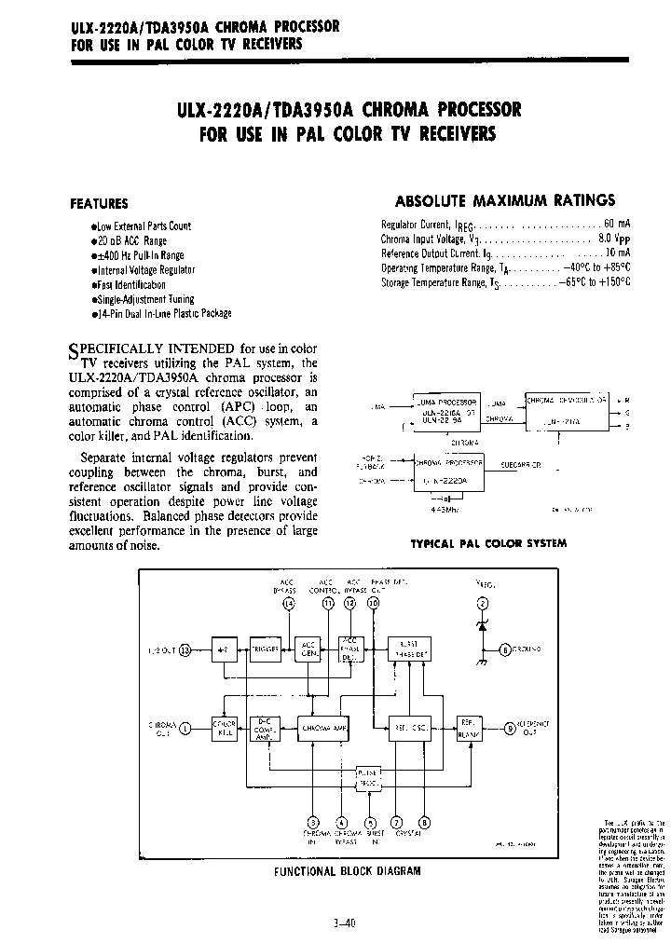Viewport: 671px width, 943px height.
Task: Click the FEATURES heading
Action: (x=100, y=203)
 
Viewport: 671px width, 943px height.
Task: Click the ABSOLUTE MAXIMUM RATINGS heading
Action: (x=505, y=200)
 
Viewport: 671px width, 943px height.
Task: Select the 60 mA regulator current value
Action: (x=617, y=225)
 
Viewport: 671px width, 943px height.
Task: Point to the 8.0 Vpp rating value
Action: (x=615, y=239)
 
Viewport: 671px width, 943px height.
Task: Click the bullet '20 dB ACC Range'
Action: (x=130, y=240)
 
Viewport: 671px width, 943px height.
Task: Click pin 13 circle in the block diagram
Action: (x=185, y=651)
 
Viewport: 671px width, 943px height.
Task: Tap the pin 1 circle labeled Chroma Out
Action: (x=185, y=727)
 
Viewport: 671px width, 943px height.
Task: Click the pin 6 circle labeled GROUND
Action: (x=504, y=649)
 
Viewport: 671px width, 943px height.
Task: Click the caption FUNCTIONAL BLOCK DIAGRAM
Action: (x=346, y=871)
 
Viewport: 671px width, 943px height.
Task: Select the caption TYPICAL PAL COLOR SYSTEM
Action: (x=487, y=543)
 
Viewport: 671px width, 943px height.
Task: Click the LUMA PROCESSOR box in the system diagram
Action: (x=446, y=407)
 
